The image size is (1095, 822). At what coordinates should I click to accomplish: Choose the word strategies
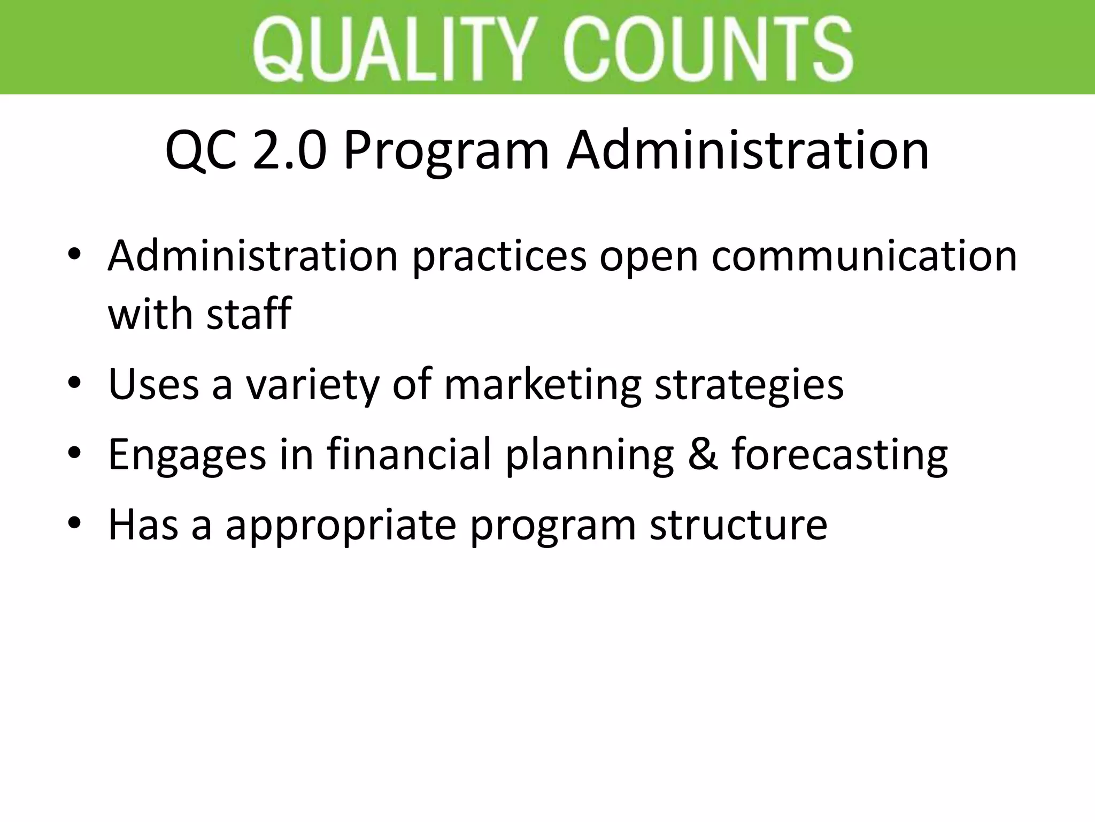[x=749, y=385]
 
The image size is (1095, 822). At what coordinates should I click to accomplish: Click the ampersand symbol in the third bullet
[x=703, y=454]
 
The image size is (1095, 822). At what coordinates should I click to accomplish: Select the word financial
[x=408, y=454]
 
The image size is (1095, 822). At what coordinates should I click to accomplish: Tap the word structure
[x=738, y=524]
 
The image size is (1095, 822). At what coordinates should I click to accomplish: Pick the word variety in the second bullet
[x=312, y=385]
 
